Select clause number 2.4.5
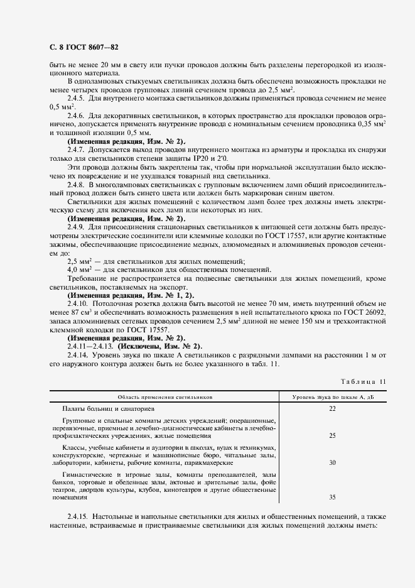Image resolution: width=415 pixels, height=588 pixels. coord(77,99)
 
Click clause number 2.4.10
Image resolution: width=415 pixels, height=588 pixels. coord(79,302)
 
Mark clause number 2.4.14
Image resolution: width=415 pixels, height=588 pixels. coord(79,354)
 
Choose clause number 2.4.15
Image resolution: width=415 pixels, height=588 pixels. coord(79,515)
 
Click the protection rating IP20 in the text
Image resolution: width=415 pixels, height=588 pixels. coord(202,160)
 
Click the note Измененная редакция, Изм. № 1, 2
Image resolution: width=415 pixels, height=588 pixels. coord(131,294)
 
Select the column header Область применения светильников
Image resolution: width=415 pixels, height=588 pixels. coord(166,397)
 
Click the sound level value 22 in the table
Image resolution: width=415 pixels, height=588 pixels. coord(332,409)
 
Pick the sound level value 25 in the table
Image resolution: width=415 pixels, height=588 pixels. coord(332,435)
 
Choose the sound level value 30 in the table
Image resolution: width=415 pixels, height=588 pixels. coord(332,462)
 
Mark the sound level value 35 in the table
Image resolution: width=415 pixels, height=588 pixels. coord(332,496)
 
